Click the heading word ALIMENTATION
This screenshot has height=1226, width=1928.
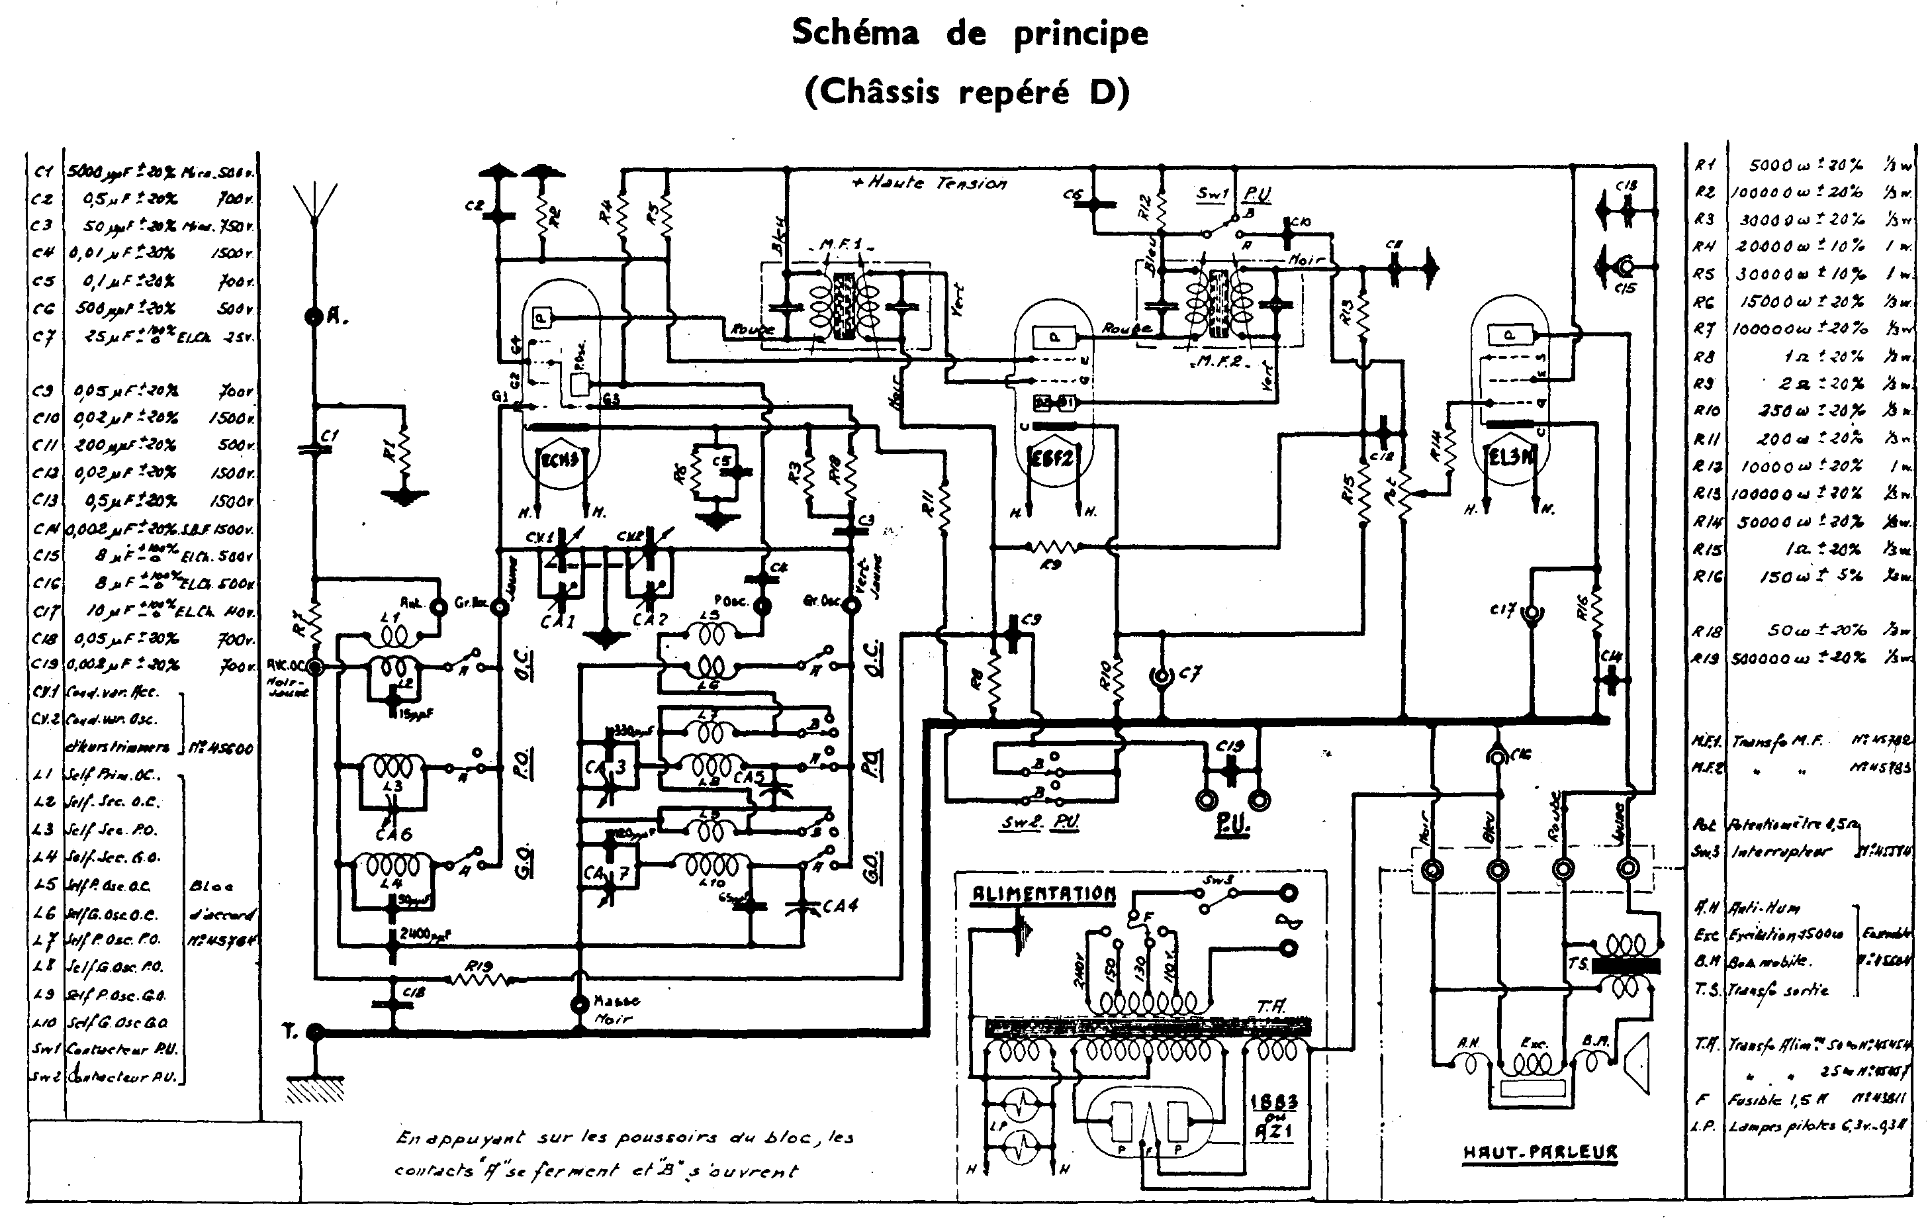pyautogui.click(x=1043, y=894)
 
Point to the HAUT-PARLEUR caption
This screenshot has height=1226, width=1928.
pyautogui.click(x=1539, y=1153)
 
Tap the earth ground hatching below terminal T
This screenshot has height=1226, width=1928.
pyautogui.click(x=314, y=1090)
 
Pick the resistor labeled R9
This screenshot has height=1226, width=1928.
pyautogui.click(x=1053, y=547)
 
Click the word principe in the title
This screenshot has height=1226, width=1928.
pyautogui.click(x=1080, y=34)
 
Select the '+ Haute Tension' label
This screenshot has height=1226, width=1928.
pyautogui.click(x=929, y=183)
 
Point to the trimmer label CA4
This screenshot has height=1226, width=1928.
pyautogui.click(x=839, y=906)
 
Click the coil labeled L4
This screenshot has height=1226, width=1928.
pyautogui.click(x=392, y=867)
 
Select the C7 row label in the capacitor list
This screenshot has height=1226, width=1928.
pyautogui.click(x=44, y=336)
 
